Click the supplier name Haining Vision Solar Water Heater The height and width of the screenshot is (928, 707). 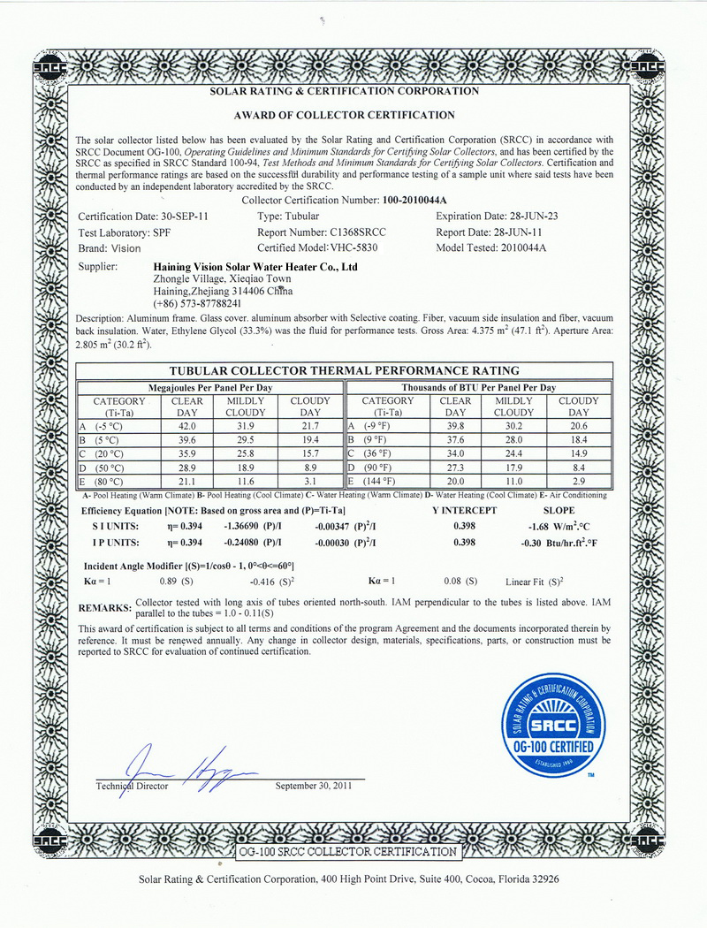255,265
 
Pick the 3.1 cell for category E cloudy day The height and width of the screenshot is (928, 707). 310,481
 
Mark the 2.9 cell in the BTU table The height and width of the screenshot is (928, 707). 579,481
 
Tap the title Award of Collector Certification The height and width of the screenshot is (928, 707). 344,115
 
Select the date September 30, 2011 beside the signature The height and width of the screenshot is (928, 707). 314,786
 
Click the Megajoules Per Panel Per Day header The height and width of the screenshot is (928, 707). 209,387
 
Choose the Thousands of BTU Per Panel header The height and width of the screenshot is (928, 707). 478,387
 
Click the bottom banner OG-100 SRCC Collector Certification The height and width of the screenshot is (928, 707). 348,852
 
